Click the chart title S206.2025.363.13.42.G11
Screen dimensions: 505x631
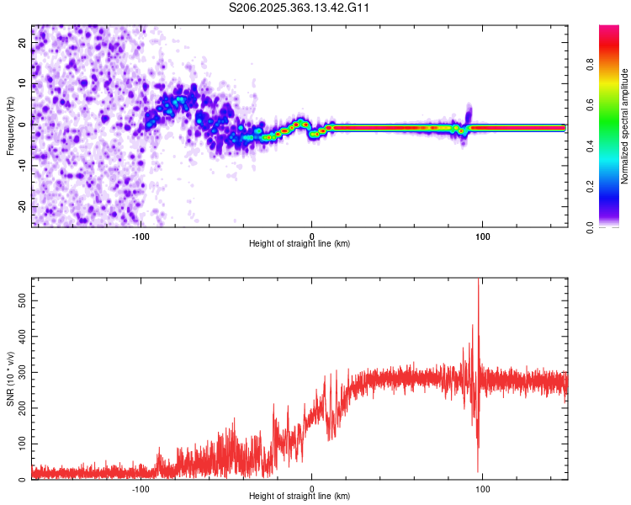(300, 8)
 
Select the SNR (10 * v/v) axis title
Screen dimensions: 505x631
(10, 379)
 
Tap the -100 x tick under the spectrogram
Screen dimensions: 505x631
(141, 235)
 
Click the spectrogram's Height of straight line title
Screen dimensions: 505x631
(300, 244)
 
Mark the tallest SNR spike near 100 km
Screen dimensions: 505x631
(479, 282)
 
